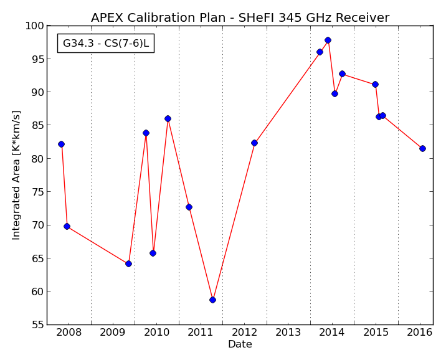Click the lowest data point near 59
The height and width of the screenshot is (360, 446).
(212, 300)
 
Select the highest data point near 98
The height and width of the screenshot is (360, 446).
(328, 40)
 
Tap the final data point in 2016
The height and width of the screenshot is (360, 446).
(422, 148)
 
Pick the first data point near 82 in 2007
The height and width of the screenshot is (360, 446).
(61, 144)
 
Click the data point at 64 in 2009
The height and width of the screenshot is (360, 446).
(128, 264)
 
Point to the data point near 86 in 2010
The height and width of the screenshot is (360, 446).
(168, 118)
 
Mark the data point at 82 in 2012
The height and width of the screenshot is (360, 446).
(254, 143)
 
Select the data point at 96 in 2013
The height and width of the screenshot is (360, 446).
(320, 52)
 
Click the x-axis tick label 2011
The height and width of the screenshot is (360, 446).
(200, 333)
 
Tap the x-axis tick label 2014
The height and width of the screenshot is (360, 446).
(331, 333)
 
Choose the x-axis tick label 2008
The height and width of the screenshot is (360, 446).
(69, 333)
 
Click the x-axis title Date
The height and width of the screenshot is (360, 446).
(240, 344)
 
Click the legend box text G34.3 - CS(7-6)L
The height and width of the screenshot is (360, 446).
(106, 43)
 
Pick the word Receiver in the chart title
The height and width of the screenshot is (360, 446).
(362, 17)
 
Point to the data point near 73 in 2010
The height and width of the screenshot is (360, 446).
(189, 207)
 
